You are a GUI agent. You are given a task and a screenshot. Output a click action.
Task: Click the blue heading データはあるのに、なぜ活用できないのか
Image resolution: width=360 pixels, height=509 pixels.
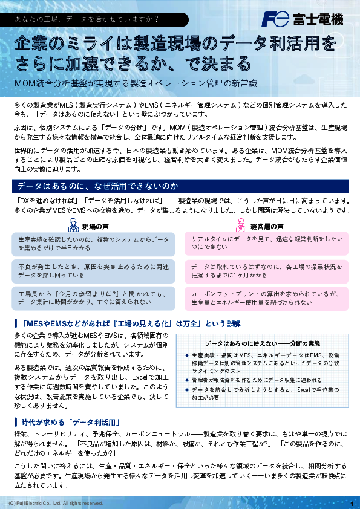tap(98, 185)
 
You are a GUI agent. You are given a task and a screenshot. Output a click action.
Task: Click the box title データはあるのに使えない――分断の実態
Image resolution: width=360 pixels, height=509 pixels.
tap(262, 343)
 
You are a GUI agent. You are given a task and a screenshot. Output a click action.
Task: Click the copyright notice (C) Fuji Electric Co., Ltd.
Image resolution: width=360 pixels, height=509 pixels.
tap(56, 503)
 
